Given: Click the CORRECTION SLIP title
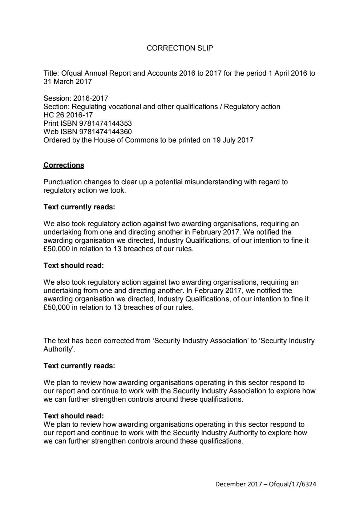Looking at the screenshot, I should pos(180,48).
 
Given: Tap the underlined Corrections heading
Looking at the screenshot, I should pos(64,165).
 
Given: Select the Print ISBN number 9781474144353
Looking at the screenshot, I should pos(105,123).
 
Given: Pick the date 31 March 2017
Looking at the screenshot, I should pos(68,81).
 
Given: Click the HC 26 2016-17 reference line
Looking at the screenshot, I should pos(68,115).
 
